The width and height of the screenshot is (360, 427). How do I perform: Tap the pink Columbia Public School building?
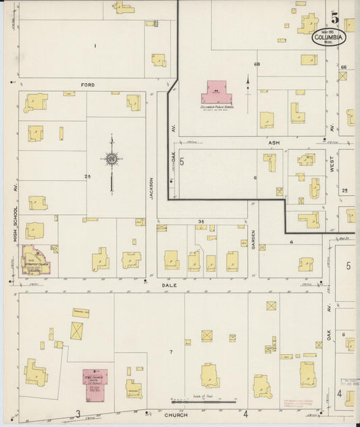[216, 91]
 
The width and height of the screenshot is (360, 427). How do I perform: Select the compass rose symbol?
[111, 159]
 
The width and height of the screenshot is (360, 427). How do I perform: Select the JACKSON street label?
[152, 190]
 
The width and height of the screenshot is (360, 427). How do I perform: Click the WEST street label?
[332, 168]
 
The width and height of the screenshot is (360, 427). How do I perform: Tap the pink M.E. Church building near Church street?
[95, 378]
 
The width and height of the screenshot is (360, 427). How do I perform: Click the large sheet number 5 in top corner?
[336, 18]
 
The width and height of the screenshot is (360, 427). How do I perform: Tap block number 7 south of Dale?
[171, 352]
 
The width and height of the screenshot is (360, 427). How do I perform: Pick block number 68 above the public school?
[257, 64]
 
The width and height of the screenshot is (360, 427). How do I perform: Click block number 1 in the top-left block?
[96, 45]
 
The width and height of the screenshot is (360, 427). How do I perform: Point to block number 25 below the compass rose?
[88, 176]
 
